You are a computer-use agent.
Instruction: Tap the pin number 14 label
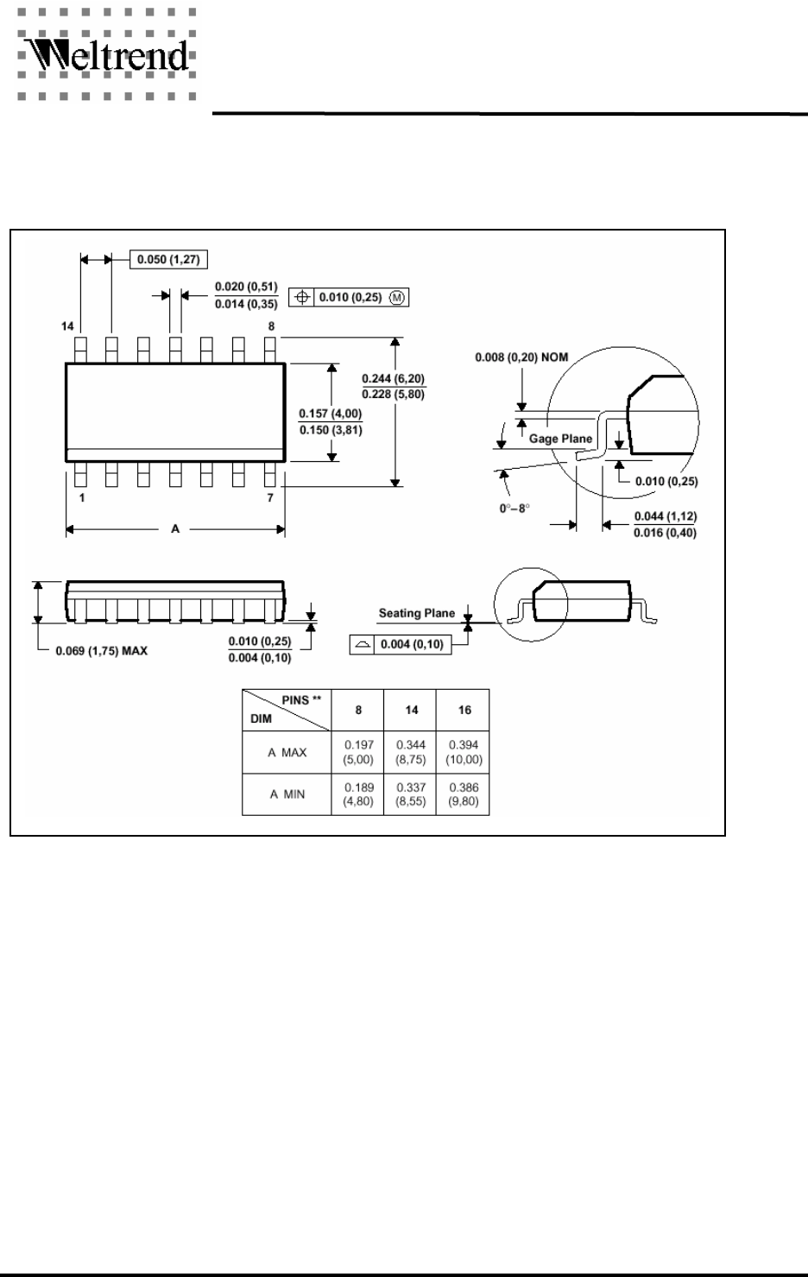coord(68,326)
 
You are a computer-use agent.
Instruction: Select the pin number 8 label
coord(271,326)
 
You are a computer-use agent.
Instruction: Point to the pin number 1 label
coord(81,498)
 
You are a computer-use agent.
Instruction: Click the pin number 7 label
coord(270,498)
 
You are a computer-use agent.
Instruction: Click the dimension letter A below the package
coord(175,529)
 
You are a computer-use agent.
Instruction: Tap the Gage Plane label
coord(560,439)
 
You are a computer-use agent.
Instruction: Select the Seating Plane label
coord(416,613)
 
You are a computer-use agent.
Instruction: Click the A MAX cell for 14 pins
coord(412,751)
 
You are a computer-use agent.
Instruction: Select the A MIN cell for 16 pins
coord(464,794)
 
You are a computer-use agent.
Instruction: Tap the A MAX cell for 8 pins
coord(358,751)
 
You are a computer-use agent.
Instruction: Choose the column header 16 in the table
coord(464,710)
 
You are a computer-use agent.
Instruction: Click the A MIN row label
coord(287,794)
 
